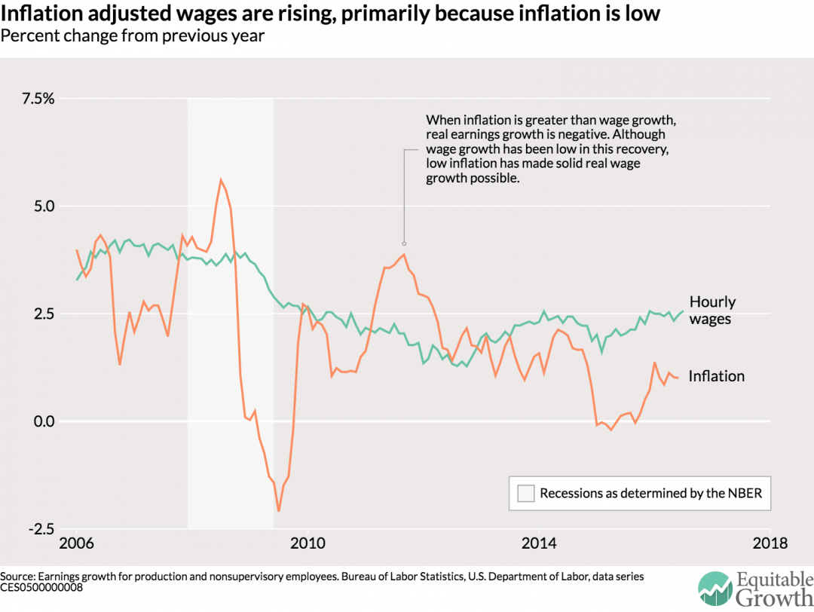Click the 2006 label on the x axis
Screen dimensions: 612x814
point(77,543)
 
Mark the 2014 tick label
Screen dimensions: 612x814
point(539,543)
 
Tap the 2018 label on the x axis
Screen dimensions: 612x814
point(770,543)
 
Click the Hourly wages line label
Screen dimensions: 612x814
point(712,310)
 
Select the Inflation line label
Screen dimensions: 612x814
point(716,376)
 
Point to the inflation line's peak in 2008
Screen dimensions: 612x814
point(220,179)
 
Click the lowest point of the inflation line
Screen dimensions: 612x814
point(279,511)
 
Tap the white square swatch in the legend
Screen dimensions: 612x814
point(526,494)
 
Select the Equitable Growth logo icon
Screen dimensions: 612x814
point(714,588)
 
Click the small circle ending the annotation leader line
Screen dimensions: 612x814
point(404,243)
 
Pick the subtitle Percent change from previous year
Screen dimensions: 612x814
point(133,35)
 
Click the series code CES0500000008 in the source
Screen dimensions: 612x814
point(41,587)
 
